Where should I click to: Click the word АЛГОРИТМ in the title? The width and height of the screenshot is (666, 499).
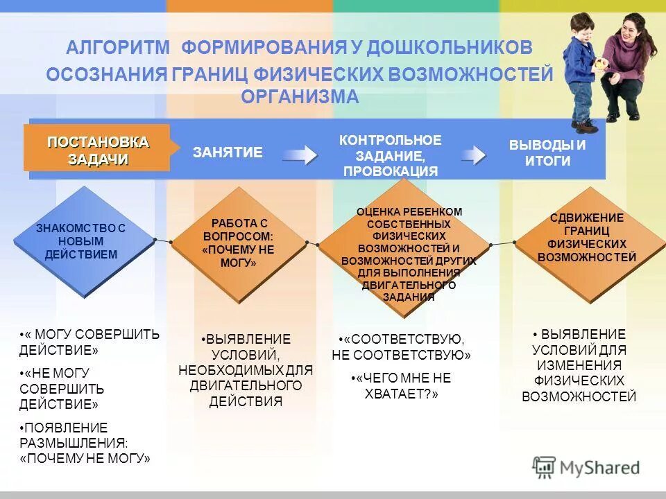click(x=118, y=48)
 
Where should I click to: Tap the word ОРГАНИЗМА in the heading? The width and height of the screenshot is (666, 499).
click(x=300, y=96)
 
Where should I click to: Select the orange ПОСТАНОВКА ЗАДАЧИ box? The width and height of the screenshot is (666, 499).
click(x=98, y=150)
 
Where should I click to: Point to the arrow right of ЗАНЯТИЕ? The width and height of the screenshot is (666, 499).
click(x=299, y=155)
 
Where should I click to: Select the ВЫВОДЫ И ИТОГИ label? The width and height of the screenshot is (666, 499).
click(x=547, y=152)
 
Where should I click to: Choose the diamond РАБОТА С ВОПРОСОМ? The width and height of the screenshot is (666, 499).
click(x=239, y=243)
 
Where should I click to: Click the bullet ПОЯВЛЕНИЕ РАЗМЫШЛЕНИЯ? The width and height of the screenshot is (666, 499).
click(x=83, y=443)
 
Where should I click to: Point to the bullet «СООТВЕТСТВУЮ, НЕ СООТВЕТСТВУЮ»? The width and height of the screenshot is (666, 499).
click(x=402, y=347)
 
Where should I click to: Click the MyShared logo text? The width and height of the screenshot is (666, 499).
click(x=600, y=468)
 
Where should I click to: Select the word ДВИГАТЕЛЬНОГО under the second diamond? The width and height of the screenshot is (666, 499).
click(x=246, y=385)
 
